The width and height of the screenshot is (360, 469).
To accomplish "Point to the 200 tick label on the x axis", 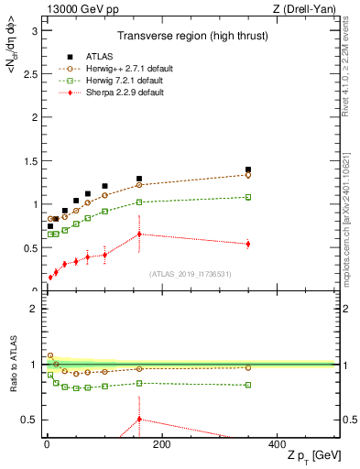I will (x=161, y=444).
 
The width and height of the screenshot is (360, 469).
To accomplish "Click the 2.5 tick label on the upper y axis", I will (x=30, y=74).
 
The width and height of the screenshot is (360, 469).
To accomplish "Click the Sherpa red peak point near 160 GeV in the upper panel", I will (x=139, y=234).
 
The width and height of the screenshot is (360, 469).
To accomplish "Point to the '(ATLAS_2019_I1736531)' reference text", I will (x=190, y=274).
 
